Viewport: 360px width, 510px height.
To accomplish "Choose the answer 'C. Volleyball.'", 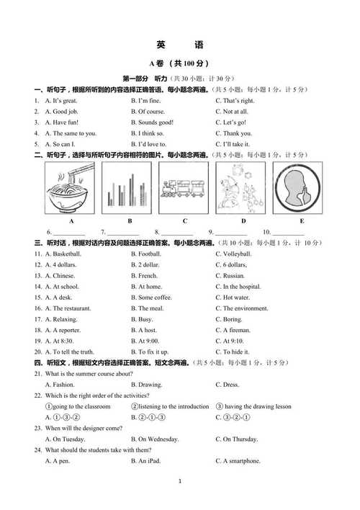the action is (233, 254).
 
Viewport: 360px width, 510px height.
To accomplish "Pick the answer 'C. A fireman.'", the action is (233, 330).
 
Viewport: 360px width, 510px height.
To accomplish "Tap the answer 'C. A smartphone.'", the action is (238, 461).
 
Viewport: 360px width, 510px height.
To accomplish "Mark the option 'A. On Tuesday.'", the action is (66, 439).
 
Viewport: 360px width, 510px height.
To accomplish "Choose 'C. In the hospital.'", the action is (238, 287).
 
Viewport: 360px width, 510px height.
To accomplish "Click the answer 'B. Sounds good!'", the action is (152, 122).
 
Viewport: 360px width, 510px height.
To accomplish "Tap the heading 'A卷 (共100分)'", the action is (179, 65).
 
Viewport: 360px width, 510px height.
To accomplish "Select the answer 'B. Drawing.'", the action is (147, 385).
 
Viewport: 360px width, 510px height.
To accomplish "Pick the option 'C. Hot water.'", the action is (233, 297).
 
